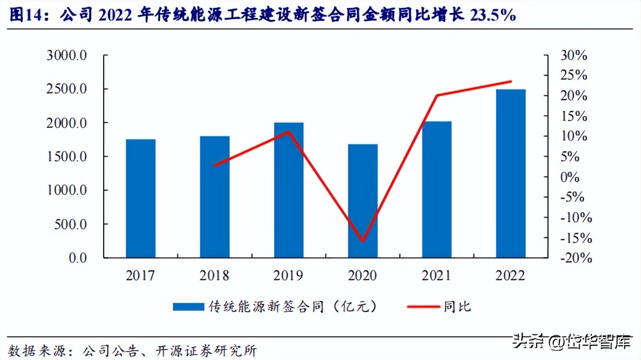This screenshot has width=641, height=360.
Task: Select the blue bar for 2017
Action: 141,198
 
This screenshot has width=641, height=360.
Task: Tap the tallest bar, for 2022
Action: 511,173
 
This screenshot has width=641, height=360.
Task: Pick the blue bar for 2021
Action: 437,189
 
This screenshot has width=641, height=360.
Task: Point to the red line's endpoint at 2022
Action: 511,81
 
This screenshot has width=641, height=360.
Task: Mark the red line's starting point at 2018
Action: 215,165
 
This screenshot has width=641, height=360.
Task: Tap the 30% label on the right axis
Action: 574,56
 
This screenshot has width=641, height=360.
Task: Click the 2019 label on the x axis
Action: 289,275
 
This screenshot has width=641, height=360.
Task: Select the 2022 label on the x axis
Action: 511,275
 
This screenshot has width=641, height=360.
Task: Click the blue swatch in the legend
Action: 188,307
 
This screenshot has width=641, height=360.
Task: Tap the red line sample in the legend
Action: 423,307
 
